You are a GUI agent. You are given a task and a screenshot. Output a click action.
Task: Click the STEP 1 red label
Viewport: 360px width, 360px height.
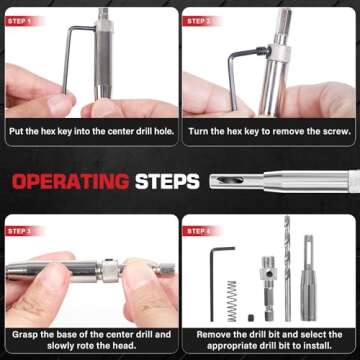23,21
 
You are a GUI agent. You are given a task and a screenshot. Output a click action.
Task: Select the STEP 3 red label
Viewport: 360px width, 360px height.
23,231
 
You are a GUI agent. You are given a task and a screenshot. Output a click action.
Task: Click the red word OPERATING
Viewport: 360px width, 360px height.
70,182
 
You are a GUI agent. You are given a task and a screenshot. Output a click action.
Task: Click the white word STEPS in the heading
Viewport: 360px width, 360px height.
167,182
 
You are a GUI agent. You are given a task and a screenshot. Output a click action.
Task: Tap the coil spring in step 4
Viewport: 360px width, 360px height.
232,301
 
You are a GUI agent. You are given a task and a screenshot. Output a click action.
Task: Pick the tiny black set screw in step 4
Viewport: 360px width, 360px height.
251,318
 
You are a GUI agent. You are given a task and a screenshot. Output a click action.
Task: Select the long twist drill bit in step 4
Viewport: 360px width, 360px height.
287,268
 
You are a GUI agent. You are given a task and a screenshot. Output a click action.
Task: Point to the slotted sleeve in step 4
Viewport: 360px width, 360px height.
308,278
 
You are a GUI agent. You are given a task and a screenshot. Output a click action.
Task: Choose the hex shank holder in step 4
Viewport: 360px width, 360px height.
268,288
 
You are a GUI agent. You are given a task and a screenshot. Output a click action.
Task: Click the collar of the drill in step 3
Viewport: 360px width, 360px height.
110,270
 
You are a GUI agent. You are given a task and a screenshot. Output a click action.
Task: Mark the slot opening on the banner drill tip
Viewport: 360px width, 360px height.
230,180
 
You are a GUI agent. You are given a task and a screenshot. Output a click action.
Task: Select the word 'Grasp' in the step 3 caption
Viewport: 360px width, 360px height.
25,335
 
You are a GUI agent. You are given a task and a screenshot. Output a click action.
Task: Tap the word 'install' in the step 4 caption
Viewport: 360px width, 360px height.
318,346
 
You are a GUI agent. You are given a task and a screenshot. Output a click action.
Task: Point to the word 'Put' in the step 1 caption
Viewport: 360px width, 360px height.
17,131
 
